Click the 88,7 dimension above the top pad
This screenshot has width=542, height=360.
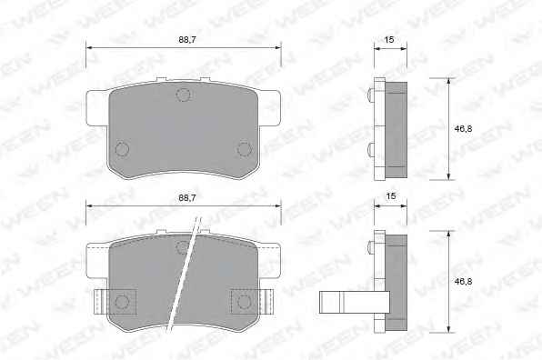(x=187, y=40)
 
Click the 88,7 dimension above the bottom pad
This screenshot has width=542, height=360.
(x=187, y=198)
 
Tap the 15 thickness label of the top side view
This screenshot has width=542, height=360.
(x=389, y=40)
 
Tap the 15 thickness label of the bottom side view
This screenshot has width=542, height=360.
(x=391, y=196)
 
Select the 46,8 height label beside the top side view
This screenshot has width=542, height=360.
(x=463, y=129)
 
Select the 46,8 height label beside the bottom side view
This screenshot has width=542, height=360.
(x=463, y=282)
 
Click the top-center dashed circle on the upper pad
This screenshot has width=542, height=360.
(x=184, y=95)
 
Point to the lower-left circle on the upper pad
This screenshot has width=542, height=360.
(x=122, y=149)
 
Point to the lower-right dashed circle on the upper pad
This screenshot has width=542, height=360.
(x=245, y=149)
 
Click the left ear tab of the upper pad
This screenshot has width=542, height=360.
(x=97, y=108)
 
